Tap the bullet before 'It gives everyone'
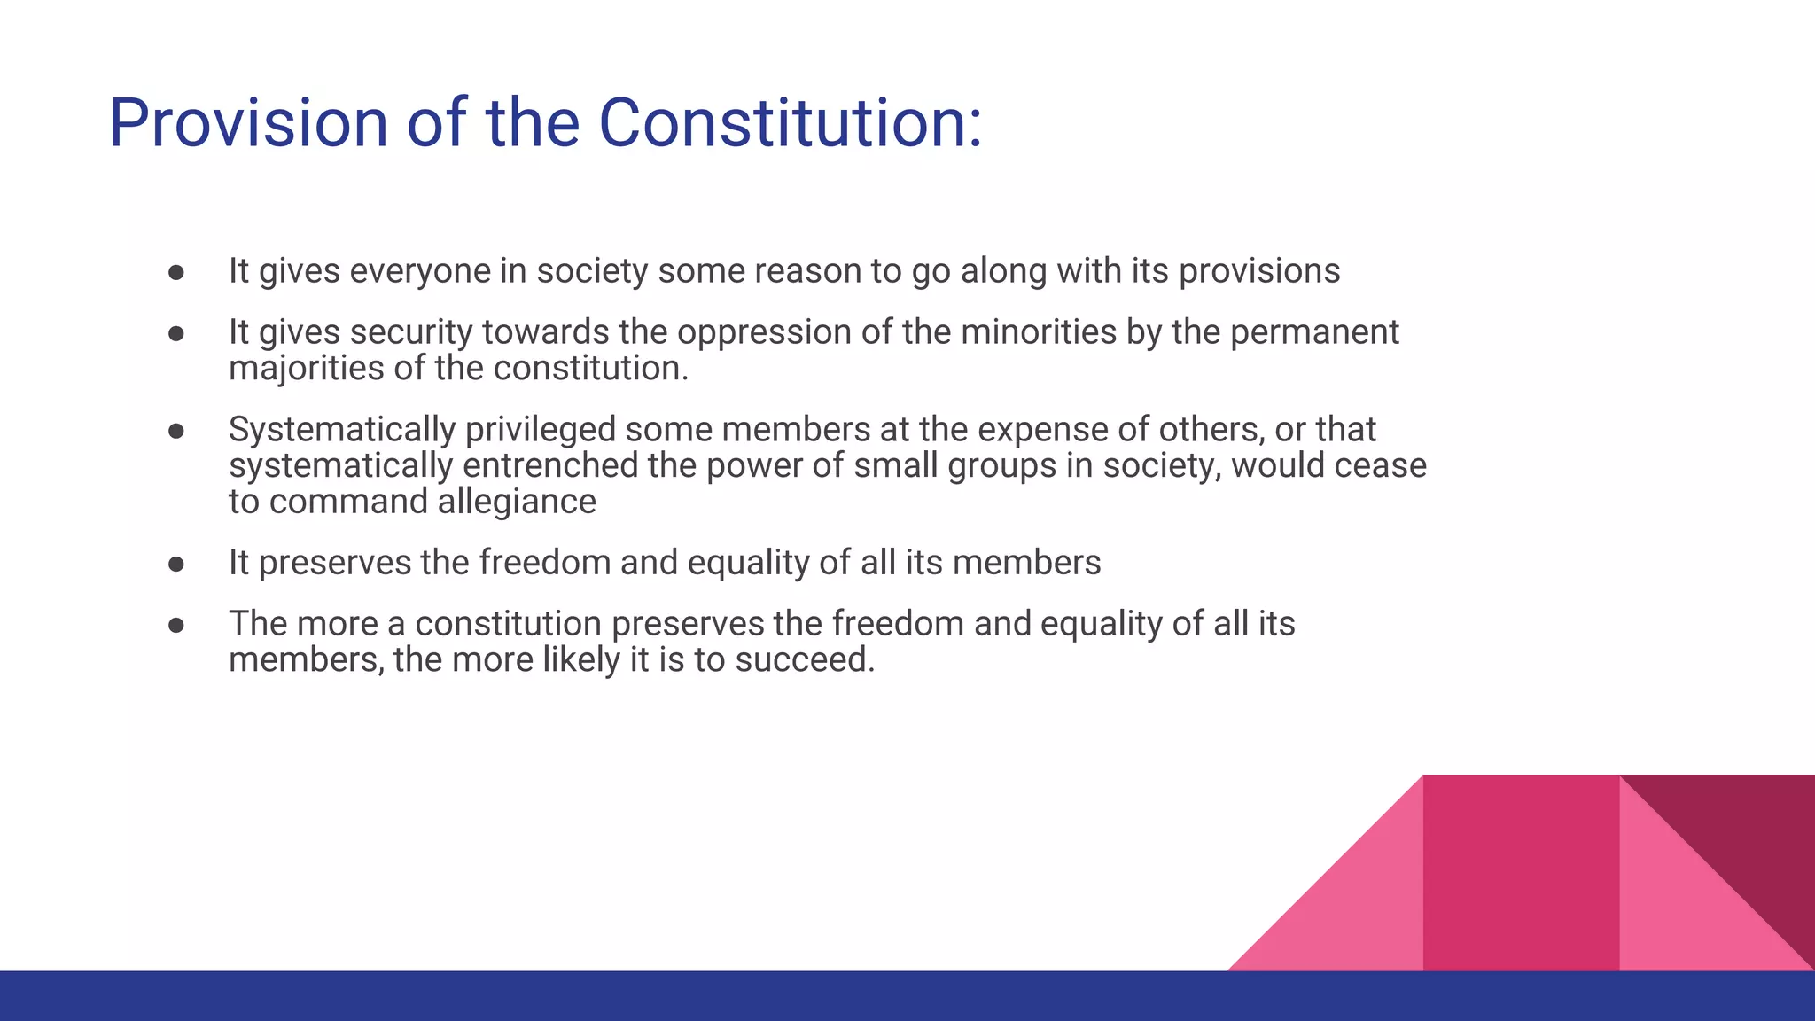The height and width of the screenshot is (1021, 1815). (x=176, y=272)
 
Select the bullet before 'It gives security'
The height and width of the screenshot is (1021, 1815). (x=176, y=333)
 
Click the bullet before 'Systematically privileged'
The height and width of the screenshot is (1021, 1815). (x=176, y=431)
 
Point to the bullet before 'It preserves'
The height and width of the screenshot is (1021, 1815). (x=176, y=564)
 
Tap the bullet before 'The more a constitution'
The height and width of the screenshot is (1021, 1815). (x=176, y=625)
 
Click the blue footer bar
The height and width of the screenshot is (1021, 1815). (x=620, y=996)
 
